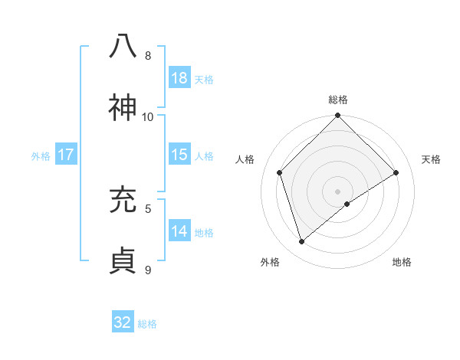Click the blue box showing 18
[179, 78]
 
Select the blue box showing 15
[179, 155]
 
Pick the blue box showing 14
[179, 231]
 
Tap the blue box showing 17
[66, 155]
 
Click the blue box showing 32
[123, 322]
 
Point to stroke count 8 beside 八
[148, 55]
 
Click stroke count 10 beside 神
[148, 116]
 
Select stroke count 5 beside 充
[148, 208]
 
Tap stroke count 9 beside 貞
[148, 269]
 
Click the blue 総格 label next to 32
[147, 324]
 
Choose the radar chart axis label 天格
[431, 159]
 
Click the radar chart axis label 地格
[402, 262]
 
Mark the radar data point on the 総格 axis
[337, 116]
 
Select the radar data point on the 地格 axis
[347, 204]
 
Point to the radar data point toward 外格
[302, 242]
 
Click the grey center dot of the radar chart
[337, 191]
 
